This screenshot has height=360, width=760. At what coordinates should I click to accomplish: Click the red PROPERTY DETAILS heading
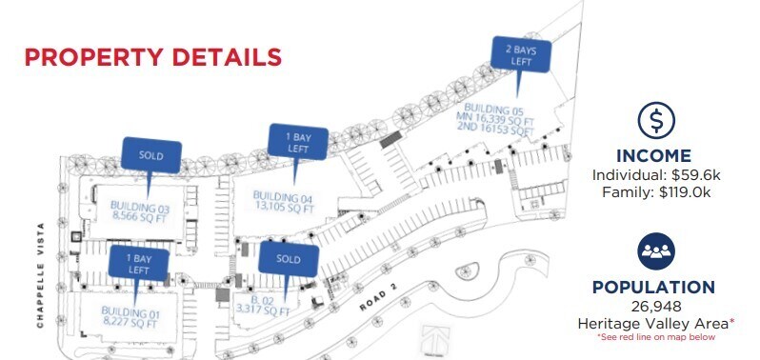tap(152, 56)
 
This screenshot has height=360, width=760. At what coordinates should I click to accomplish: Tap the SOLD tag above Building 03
tap(150, 154)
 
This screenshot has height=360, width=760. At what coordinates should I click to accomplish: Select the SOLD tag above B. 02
tap(288, 258)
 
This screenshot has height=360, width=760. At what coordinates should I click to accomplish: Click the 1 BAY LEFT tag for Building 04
tap(298, 143)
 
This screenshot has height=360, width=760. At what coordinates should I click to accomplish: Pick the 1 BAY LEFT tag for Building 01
tap(139, 264)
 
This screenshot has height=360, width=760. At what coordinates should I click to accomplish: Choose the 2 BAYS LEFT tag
tap(520, 55)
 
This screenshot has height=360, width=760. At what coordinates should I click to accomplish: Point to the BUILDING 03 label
tap(140, 210)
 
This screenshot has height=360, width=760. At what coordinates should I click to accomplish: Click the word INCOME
tap(652, 156)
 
